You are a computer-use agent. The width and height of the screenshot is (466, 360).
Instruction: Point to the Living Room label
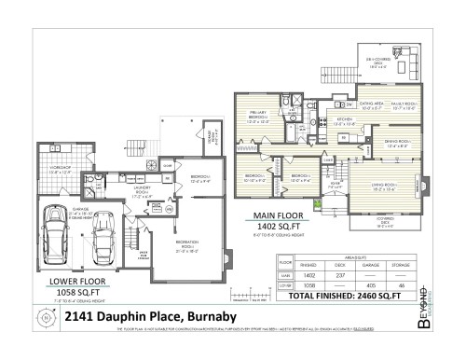pyautogui.click(x=385, y=188)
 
